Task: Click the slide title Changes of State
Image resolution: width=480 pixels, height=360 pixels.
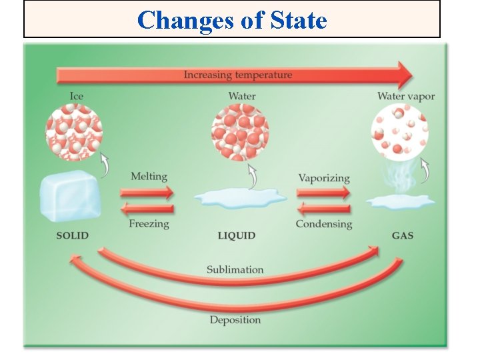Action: pyautogui.click(x=232, y=20)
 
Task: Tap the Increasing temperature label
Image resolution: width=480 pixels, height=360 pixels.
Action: pyautogui.click(x=238, y=75)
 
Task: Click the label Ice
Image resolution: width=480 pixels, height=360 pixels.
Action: pyautogui.click(x=77, y=96)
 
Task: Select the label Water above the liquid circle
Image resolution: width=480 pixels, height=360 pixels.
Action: pyautogui.click(x=242, y=96)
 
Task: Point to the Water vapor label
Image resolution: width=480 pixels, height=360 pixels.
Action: pyautogui.click(x=406, y=96)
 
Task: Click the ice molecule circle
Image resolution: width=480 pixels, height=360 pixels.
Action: pyautogui.click(x=73, y=133)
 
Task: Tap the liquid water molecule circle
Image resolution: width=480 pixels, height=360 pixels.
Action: pyautogui.click(x=240, y=133)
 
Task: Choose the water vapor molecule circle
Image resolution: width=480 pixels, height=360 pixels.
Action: pyautogui.click(x=399, y=133)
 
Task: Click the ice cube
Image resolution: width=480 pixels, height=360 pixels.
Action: pyautogui.click(x=70, y=195)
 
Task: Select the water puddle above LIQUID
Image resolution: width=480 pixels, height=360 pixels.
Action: pyautogui.click(x=240, y=197)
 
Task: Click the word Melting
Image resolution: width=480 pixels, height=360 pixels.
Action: pyautogui.click(x=149, y=177)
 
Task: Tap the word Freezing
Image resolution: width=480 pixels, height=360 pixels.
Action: pyautogui.click(x=149, y=224)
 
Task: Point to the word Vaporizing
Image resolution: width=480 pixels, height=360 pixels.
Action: pyautogui.click(x=324, y=178)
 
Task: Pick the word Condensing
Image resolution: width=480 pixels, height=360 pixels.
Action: pyautogui.click(x=324, y=224)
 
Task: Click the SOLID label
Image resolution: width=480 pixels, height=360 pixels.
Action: pyautogui.click(x=72, y=235)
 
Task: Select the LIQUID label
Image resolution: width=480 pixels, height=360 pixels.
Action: pyautogui.click(x=237, y=235)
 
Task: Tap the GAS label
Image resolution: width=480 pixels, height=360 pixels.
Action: pyautogui.click(x=402, y=235)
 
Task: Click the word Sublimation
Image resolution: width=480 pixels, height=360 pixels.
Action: pyautogui.click(x=235, y=269)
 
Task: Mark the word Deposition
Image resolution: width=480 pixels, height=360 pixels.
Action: pyautogui.click(x=235, y=320)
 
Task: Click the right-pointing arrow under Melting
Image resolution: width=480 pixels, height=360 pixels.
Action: pyautogui.click(x=148, y=193)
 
